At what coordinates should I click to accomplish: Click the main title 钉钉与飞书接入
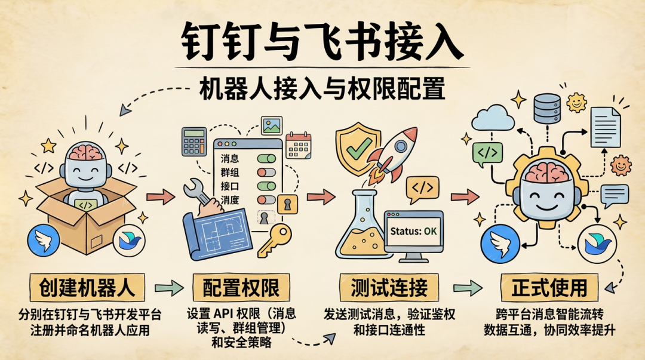pos(322,41)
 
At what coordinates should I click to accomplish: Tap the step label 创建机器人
pos(87,288)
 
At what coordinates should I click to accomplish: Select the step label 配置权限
pos(241,288)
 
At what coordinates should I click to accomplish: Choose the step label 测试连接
pos(389,288)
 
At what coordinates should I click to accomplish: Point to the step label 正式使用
pos(549,288)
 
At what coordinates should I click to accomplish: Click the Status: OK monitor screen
pos(413,231)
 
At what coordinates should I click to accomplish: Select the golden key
pos(274,240)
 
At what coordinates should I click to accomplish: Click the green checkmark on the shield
pos(359,149)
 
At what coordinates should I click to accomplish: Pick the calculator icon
pos(194,141)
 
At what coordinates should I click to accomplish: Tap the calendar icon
pos(298,145)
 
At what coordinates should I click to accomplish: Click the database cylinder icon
pos(547,109)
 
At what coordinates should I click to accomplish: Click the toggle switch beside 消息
pos(266,158)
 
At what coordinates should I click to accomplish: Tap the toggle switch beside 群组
pos(266,172)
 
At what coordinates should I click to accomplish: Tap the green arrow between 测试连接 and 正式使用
pos(468,288)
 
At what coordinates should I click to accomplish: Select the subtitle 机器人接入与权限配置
pos(322,88)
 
